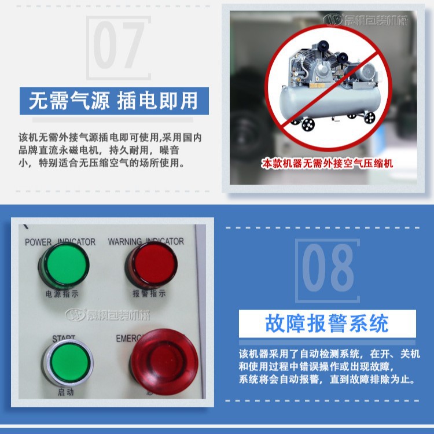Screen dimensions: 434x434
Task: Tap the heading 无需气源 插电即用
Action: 113,101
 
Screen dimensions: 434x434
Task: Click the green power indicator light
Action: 64,267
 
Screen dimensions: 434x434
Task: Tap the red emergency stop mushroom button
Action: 164,362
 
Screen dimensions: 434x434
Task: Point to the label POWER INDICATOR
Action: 60,242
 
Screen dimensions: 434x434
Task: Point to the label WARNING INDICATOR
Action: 146,241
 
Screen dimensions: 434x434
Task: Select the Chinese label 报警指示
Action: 149,293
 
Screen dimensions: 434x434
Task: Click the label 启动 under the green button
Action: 65,393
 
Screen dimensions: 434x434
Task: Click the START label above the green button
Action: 64,337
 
